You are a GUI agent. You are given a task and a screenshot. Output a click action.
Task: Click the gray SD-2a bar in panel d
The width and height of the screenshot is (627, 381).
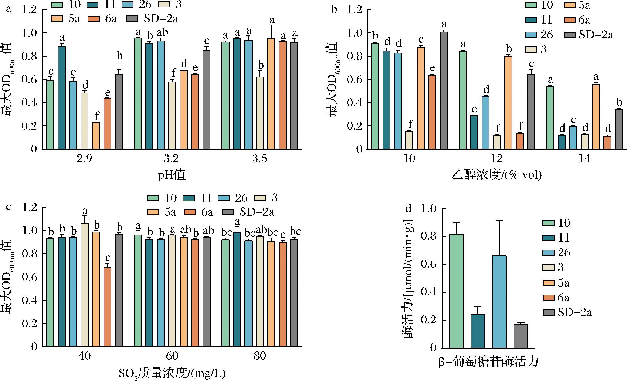[x=521, y=336]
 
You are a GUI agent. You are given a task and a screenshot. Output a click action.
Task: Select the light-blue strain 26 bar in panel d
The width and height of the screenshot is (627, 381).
[x=499, y=302]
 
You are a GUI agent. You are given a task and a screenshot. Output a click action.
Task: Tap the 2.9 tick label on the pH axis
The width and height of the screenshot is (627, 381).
[x=84, y=159]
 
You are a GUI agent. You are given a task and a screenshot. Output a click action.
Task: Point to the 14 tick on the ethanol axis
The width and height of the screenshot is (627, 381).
[x=584, y=159]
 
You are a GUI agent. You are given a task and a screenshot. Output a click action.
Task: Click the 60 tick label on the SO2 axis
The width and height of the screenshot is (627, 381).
[x=172, y=356]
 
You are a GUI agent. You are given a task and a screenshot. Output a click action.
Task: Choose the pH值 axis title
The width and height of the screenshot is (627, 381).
[x=172, y=175]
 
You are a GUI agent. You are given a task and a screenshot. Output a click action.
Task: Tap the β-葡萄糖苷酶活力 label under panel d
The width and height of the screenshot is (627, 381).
[x=489, y=362]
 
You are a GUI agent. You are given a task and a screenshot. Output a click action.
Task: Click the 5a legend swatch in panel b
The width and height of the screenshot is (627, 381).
[x=569, y=5]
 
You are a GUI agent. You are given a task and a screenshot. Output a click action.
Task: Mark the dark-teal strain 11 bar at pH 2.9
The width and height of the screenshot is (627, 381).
[x=62, y=98]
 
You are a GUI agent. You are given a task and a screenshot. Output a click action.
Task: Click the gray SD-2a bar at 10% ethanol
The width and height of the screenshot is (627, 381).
[x=444, y=90]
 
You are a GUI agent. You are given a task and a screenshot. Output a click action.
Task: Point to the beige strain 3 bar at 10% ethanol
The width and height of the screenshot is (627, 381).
[x=409, y=140]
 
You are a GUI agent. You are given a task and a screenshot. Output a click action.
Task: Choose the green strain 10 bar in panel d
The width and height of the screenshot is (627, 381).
[x=456, y=291]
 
